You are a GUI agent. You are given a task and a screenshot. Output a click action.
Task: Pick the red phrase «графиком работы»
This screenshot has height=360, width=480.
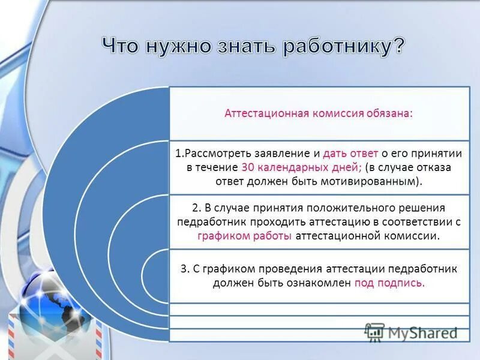click(x=245, y=236)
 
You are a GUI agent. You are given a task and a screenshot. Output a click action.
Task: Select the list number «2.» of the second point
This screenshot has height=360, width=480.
click(x=196, y=208)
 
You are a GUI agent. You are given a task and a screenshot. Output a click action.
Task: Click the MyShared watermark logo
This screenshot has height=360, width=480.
click(x=410, y=331)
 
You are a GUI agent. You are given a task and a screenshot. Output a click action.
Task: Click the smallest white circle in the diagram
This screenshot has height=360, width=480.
click(x=155, y=275)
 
